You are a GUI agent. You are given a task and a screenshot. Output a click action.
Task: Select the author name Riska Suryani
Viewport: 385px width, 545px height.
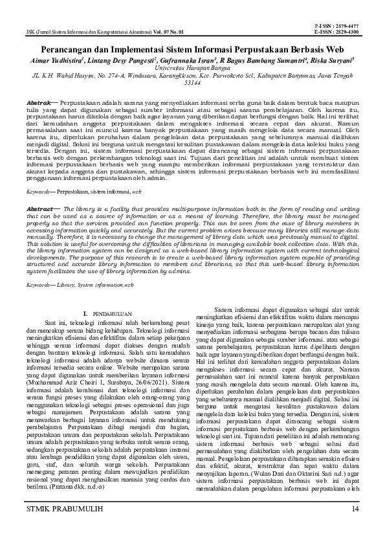(x=331, y=60)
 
